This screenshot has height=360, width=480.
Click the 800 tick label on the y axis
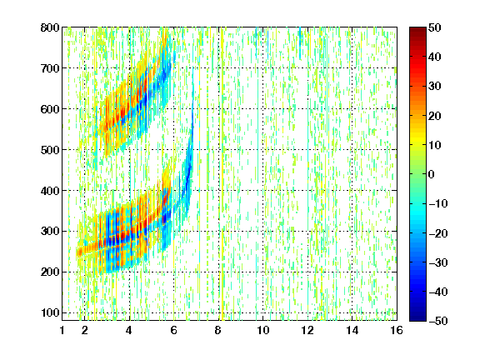[50, 27]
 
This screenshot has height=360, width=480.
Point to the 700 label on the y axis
[50, 68]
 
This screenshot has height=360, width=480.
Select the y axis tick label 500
[50, 150]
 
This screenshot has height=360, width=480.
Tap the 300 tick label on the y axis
[50, 232]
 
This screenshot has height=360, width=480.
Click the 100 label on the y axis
[50, 312]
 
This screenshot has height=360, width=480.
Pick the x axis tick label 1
[62, 330]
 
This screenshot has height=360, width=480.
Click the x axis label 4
[129, 330]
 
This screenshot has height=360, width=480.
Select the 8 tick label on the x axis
[218, 330]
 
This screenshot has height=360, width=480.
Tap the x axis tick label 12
[307, 330]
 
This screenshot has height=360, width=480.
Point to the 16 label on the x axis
[397, 330]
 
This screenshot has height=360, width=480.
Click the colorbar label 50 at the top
[434, 27]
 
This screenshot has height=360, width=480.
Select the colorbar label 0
[432, 174]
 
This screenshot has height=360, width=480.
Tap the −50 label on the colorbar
[438, 321]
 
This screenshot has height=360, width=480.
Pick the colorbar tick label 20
[434, 116]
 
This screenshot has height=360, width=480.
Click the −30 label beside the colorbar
[438, 262]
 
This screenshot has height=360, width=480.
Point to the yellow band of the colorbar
[417, 142]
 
